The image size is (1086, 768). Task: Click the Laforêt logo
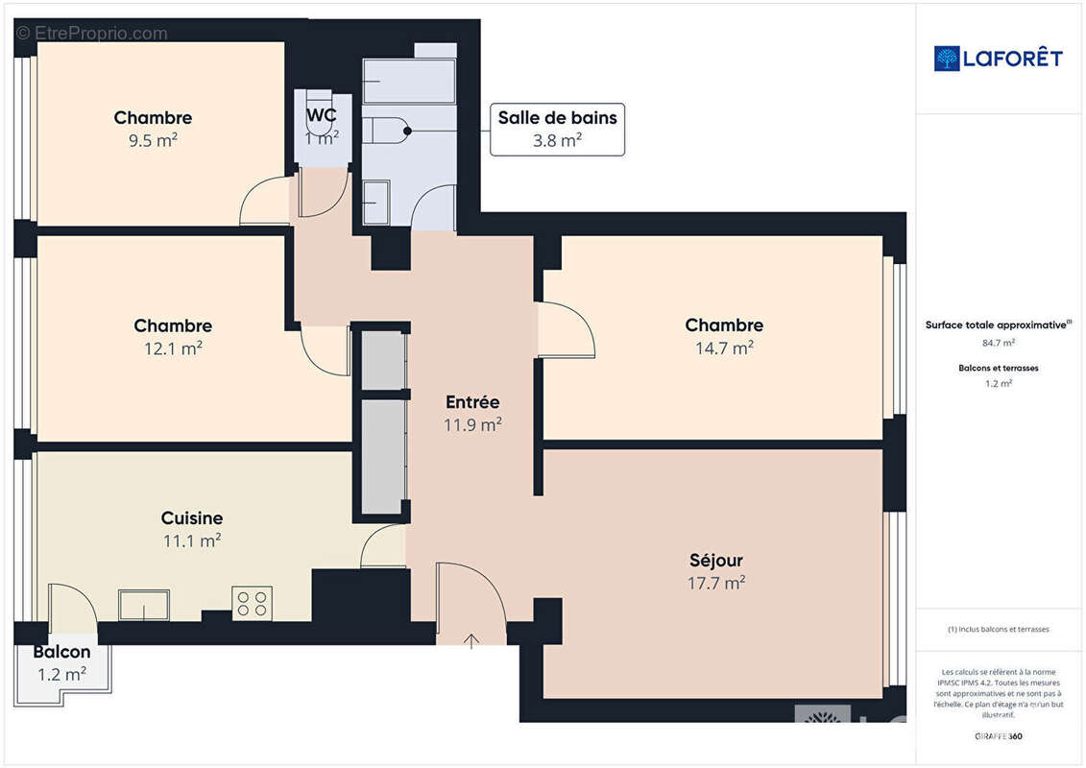[x=998, y=59]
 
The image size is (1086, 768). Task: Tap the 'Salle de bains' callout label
[x=557, y=118]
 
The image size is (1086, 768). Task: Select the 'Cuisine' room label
[x=192, y=518]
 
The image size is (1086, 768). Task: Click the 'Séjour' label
[x=716, y=560]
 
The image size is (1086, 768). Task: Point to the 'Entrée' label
[x=472, y=401]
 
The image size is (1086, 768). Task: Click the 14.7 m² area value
[x=724, y=348]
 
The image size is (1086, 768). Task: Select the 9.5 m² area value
[x=153, y=140]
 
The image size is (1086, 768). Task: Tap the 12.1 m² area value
[x=173, y=348]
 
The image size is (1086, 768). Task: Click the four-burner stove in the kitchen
[x=252, y=603]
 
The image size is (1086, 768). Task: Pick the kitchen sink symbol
[x=144, y=605]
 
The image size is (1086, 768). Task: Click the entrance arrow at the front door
[x=471, y=640]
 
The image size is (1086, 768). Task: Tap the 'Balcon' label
[x=61, y=652]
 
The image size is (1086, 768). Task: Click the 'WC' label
[x=321, y=115]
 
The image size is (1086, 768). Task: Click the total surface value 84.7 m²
[x=999, y=342]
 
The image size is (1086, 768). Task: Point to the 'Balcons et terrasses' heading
[x=999, y=368]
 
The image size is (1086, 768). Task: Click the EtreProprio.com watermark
[x=92, y=34]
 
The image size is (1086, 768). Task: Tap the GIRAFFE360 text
[x=999, y=737]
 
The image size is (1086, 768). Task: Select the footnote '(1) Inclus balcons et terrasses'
[x=999, y=629]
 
